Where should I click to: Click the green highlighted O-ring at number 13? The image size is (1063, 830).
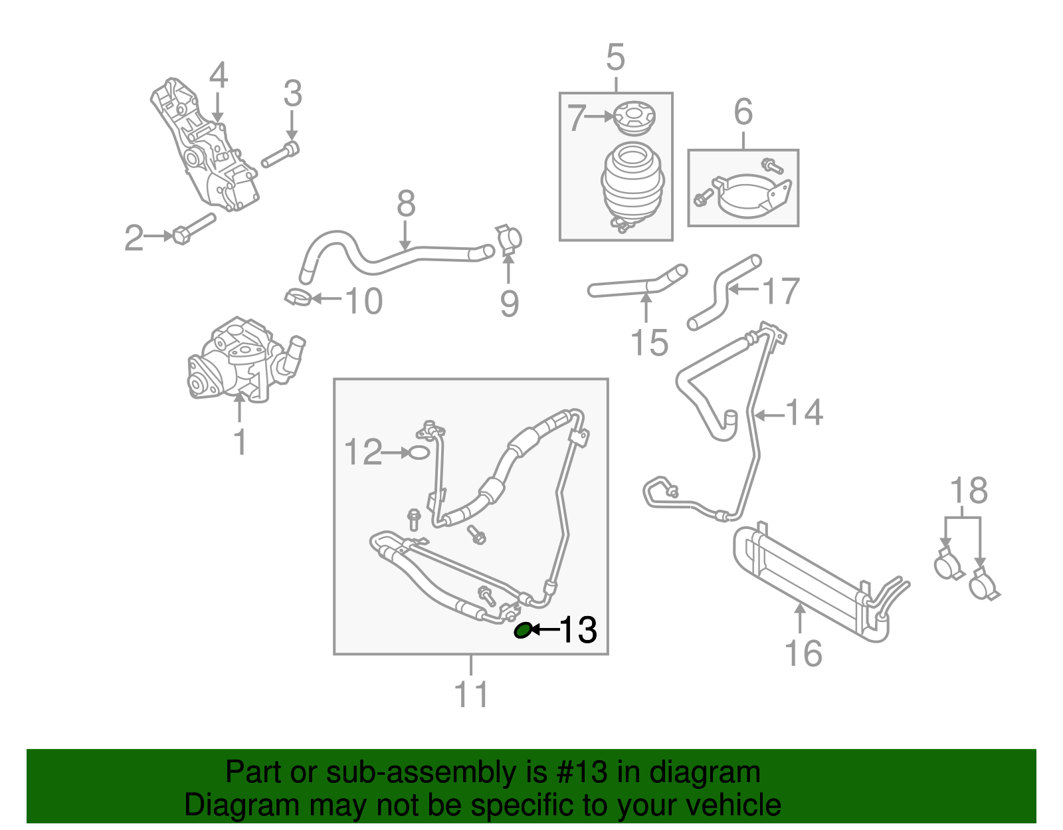pyautogui.click(x=524, y=630)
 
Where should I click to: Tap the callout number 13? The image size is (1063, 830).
pyautogui.click(x=579, y=629)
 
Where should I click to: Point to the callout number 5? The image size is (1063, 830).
pyautogui.click(x=616, y=58)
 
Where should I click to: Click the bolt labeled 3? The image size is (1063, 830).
pyautogui.click(x=281, y=155)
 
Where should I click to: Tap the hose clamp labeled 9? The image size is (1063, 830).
pyautogui.click(x=510, y=241)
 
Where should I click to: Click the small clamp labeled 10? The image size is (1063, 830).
pyautogui.click(x=298, y=297)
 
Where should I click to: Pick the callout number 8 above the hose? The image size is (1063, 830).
pyautogui.click(x=406, y=204)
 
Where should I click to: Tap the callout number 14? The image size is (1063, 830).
pyautogui.click(x=805, y=413)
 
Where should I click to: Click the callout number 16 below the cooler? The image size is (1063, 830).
pyautogui.click(x=803, y=654)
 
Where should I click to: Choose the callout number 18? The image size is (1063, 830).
pyautogui.click(x=968, y=491)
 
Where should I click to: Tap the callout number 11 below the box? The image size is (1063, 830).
pyautogui.click(x=471, y=695)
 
